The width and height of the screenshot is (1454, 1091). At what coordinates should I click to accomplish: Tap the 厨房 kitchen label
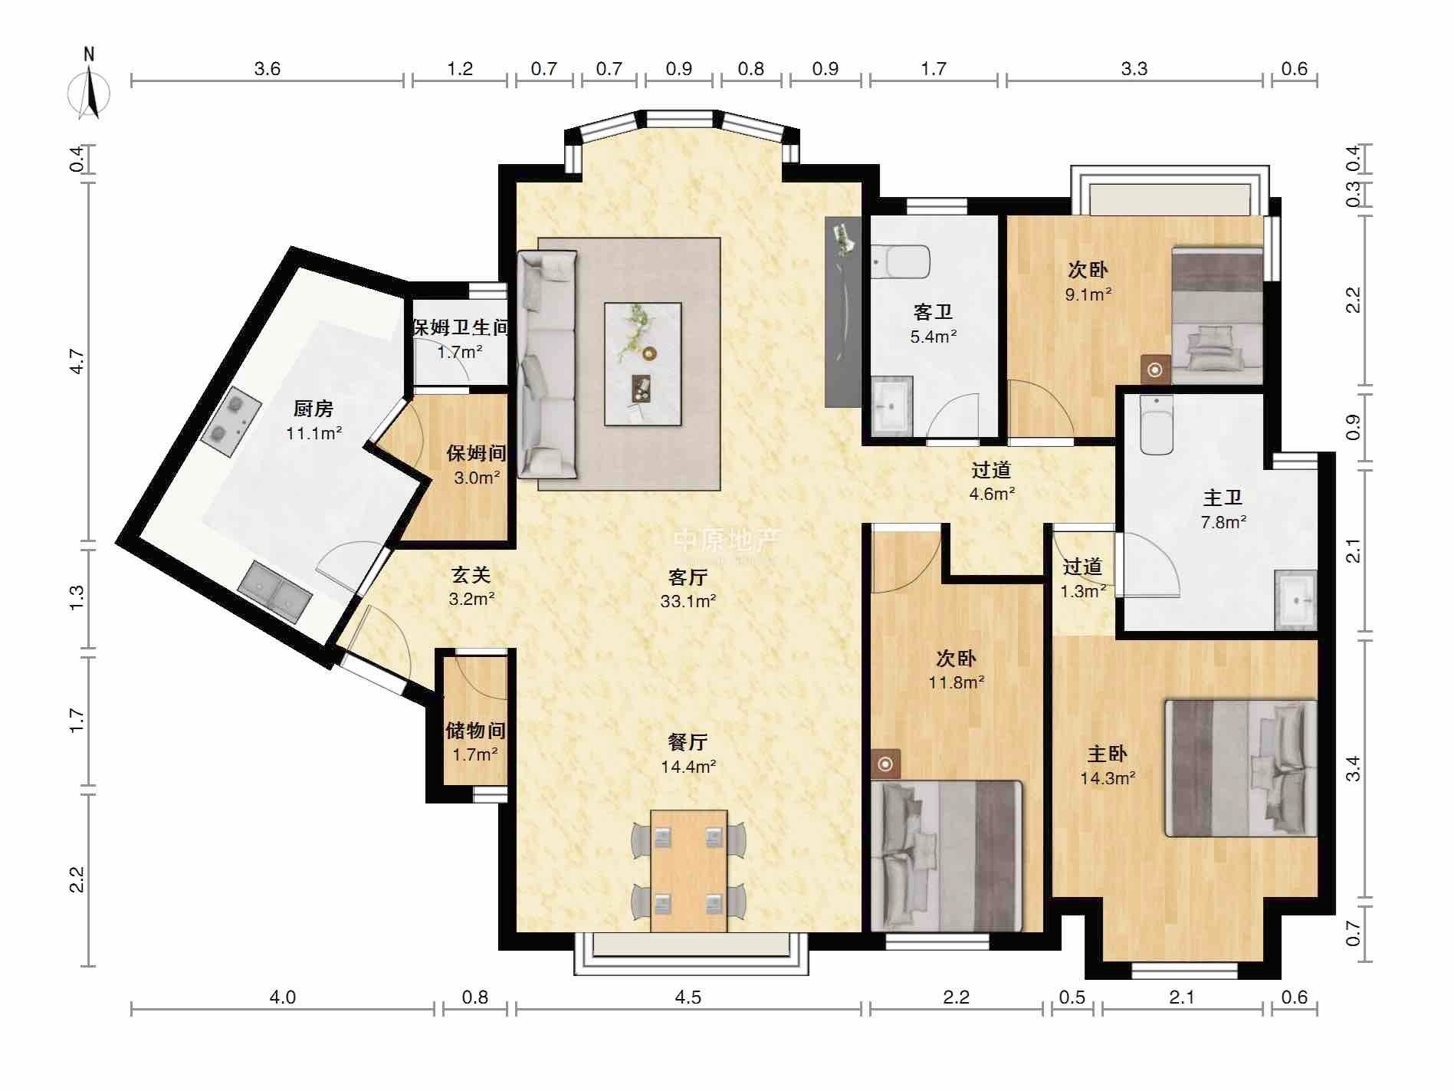[313, 409]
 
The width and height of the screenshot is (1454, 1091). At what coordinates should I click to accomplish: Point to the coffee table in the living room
[642, 364]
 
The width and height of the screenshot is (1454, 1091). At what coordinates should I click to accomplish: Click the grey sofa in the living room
[547, 365]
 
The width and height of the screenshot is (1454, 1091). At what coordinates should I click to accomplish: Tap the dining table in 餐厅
[688, 871]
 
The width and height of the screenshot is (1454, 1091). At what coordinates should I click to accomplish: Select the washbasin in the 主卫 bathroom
[1295, 601]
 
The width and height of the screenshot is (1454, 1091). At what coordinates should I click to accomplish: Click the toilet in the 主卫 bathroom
[1156, 425]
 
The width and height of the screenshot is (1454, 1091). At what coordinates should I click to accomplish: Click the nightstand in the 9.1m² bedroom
[1156, 370]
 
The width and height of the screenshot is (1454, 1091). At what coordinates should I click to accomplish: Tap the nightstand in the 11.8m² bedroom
[886, 764]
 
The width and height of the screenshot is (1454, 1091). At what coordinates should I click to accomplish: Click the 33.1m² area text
[688, 602]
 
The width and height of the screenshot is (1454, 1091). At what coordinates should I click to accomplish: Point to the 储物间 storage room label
[475, 731]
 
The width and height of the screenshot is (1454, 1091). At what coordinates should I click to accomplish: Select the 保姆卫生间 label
[461, 328]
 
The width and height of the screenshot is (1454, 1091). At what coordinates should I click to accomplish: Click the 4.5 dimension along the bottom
[688, 997]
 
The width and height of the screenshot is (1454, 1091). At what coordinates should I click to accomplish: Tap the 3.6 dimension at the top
[267, 69]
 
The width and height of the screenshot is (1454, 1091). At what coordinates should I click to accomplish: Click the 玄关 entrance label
[471, 574]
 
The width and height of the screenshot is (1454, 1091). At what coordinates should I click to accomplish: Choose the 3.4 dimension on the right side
[1354, 768]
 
